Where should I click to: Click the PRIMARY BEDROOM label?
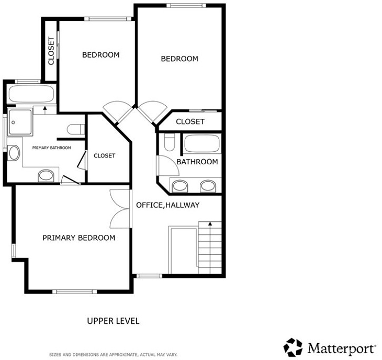78,238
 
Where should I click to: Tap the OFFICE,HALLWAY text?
167,205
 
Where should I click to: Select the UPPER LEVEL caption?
113,321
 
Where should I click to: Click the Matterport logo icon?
293,347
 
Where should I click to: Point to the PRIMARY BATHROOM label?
52,148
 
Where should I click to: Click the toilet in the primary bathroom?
76,129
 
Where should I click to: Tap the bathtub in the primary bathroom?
31,94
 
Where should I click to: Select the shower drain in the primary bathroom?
14,122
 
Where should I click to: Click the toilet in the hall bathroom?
170,142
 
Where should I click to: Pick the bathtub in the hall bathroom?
202,144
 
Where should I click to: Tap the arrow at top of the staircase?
210,223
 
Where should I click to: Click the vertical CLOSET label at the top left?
51,51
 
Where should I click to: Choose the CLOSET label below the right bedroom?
190,121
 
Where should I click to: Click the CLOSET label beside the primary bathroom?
105,155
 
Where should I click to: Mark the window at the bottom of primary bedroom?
75,291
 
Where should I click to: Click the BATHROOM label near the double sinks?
197,162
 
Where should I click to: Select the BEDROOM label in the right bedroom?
179,59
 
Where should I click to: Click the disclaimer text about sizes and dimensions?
113,355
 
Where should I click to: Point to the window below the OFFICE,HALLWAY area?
149,276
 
